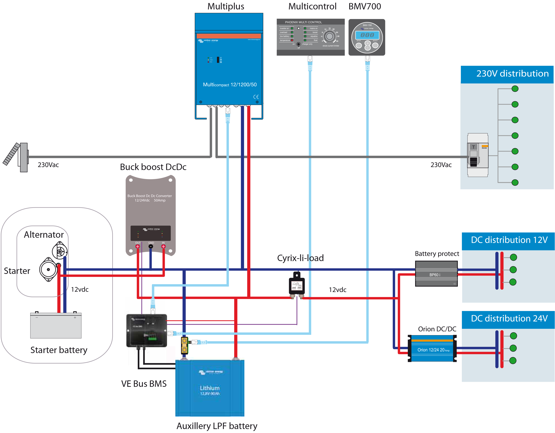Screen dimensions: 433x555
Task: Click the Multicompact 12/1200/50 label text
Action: point(229,84)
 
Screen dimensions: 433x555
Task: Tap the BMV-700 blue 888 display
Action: point(367,35)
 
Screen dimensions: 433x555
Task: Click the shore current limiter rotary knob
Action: point(329,37)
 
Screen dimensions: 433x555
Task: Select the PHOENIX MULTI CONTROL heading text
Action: point(303,22)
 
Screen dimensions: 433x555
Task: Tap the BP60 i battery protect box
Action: point(436,274)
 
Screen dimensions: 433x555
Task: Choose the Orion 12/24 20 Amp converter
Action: point(432,349)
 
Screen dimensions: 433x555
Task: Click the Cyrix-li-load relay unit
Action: point(297,286)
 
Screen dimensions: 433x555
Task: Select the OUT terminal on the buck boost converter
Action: point(138,246)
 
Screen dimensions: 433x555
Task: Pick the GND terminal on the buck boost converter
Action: point(151,246)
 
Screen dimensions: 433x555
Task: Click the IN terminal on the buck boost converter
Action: point(163,246)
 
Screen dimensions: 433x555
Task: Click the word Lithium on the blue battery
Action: point(210,388)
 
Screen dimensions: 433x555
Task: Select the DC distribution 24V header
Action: point(508,319)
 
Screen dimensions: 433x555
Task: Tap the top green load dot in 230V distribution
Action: point(515,89)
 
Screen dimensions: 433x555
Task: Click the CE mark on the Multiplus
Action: point(256,97)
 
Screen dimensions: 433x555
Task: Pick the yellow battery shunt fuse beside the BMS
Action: point(185,345)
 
